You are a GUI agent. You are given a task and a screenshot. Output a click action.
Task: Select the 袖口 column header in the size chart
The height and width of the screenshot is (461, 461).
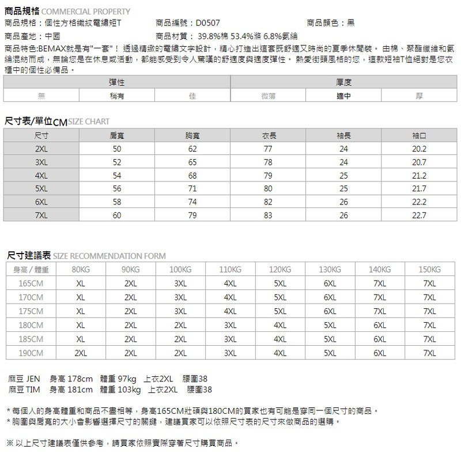pos(419,136)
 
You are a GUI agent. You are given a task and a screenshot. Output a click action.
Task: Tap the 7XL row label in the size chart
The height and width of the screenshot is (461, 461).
pos(41,216)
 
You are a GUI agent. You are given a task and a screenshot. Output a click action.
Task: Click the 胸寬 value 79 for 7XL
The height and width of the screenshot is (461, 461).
pos(192,216)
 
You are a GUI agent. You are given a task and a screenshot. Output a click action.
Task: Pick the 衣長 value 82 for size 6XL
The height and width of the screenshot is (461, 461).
pos(267,202)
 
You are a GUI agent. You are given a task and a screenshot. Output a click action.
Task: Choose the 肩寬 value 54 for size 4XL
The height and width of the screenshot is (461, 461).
pos(117,176)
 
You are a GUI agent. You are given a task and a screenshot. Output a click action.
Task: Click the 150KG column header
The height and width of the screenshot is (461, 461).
pos(430,270)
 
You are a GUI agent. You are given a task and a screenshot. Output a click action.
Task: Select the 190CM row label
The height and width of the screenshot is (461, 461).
pos(31,353)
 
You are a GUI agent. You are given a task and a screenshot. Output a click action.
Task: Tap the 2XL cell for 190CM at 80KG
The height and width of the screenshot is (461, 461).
pos(81,353)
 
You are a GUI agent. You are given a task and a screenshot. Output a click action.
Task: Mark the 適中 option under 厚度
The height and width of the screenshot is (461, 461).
pos(344,96)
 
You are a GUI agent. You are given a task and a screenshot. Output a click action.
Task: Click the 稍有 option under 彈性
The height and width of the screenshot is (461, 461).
pos(117,96)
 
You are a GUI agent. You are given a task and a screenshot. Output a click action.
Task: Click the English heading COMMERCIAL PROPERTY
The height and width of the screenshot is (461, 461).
pos(86,12)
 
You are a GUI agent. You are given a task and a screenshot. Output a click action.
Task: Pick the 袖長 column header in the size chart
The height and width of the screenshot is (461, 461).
pos(343,136)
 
